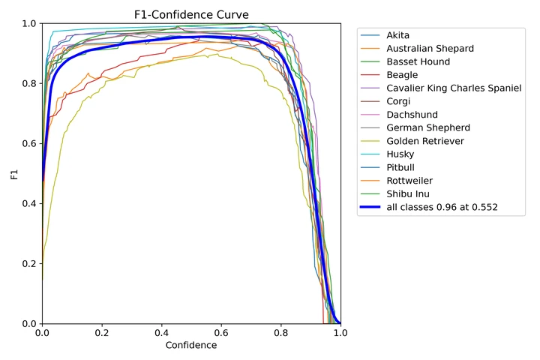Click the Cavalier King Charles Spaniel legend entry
point(452,88)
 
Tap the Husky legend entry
point(397,154)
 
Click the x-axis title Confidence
point(191,346)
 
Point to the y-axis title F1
point(13,174)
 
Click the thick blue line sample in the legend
point(370,208)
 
